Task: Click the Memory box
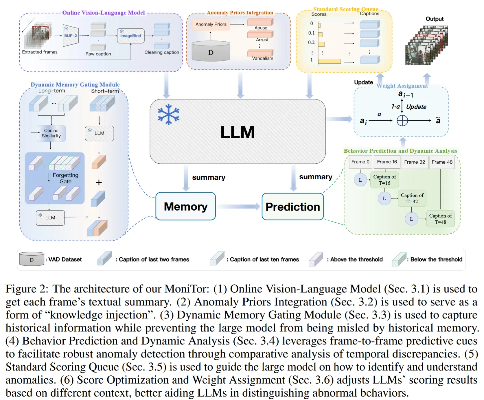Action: (185, 207)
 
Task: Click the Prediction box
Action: (292, 207)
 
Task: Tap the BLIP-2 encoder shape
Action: (71, 36)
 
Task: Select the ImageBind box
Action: (130, 36)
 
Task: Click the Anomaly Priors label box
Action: (211, 24)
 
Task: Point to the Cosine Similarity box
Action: (51, 133)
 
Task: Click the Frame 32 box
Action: (414, 162)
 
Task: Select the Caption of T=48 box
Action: (440, 219)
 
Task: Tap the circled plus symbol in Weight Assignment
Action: (402, 121)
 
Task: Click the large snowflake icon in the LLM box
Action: (168, 115)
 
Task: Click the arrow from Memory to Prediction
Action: (239, 207)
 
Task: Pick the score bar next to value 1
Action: (329, 61)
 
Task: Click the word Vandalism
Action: (262, 58)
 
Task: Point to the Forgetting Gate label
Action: (65, 178)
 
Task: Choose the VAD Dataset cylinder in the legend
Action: (32, 259)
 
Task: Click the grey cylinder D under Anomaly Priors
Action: (211, 51)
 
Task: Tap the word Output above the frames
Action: (435, 19)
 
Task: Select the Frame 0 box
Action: (360, 162)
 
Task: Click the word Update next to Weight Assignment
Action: (363, 82)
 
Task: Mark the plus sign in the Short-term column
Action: (99, 183)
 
